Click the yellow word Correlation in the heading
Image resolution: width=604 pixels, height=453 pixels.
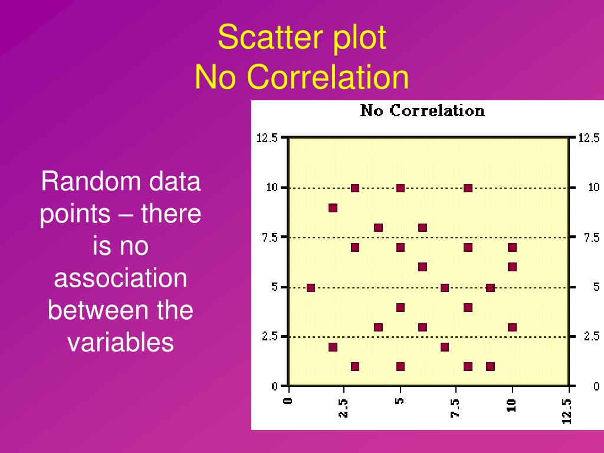coord(329,77)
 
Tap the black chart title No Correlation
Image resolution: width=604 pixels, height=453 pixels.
coord(422,111)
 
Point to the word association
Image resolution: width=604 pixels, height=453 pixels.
coord(120,278)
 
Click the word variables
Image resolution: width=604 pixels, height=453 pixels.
coord(120,342)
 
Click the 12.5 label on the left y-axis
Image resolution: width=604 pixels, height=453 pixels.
coord(267,138)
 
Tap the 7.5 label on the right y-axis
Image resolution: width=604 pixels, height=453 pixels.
coord(592,237)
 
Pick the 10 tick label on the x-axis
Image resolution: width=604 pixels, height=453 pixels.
coord(511,405)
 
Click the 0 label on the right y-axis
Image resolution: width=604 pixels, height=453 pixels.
coord(596,386)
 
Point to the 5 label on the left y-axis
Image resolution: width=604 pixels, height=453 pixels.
coord(274,287)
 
